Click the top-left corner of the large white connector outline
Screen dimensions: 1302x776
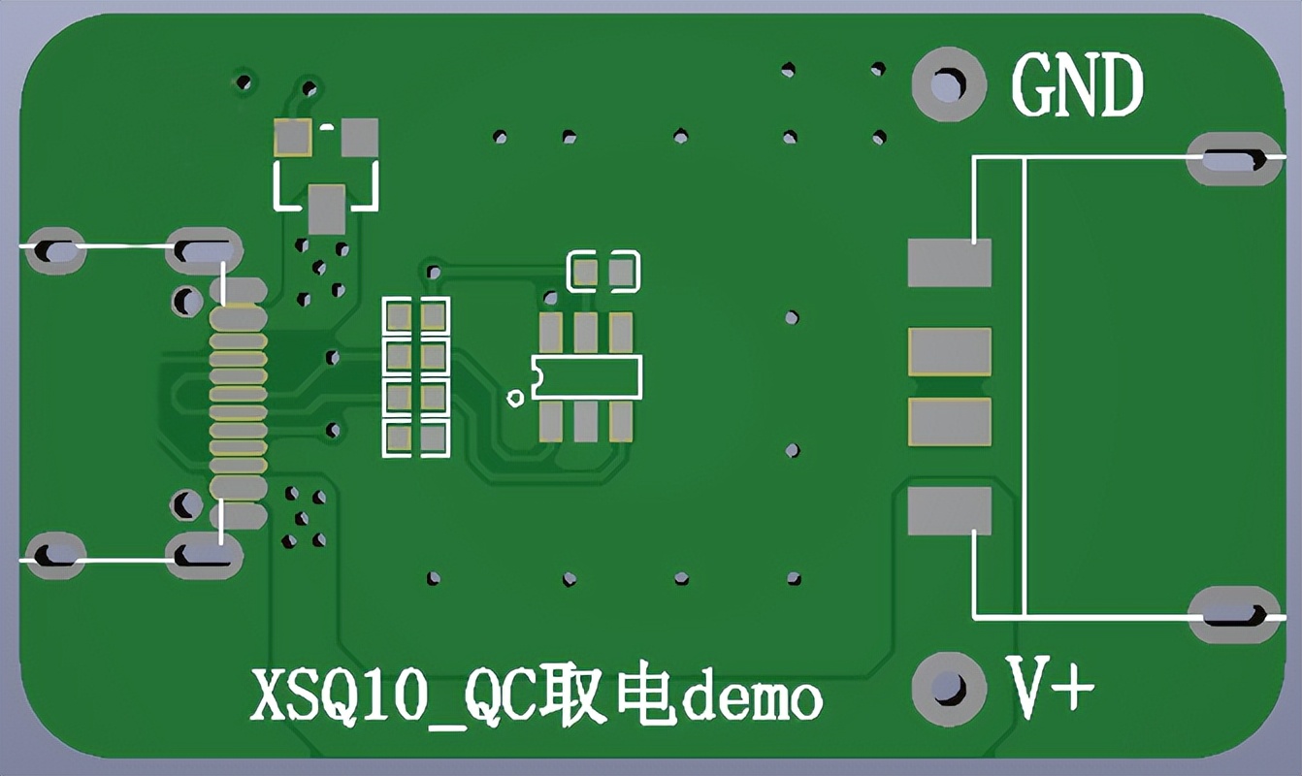pos(974,156)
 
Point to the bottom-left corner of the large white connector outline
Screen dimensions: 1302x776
pos(974,617)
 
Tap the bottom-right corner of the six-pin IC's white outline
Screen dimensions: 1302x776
pos(641,398)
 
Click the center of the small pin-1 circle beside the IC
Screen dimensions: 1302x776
pos(515,398)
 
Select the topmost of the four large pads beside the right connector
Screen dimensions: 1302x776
pos(949,263)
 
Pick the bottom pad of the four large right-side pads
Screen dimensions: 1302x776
pos(949,511)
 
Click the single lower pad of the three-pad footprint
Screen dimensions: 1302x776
pos(326,210)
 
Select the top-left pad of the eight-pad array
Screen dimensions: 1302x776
pos(399,316)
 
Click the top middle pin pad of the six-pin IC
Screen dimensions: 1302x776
pos(585,333)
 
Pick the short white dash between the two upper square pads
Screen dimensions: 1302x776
pos(327,126)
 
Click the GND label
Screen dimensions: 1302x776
pos(1078,84)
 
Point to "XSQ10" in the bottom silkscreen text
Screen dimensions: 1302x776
pos(337,697)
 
